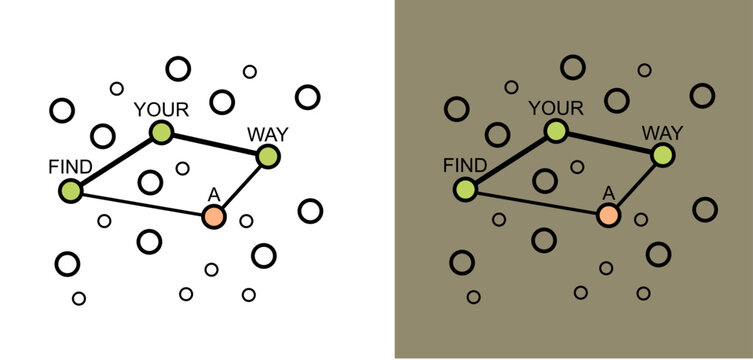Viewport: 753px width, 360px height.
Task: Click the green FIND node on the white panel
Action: pyautogui.click(x=70, y=189)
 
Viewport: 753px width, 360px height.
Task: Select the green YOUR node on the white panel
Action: pyautogui.click(x=160, y=132)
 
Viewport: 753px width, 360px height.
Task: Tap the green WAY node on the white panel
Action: pyautogui.click(x=267, y=156)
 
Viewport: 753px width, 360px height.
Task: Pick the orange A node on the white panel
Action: pyautogui.click(x=213, y=215)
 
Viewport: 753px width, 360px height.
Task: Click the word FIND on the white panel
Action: pyautogui.click(x=70, y=166)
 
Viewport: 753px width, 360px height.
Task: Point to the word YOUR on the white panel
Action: pyautogui.click(x=160, y=108)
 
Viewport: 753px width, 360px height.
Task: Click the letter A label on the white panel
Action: pyautogui.click(x=213, y=193)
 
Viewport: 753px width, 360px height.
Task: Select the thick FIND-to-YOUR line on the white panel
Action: pyautogui.click(x=115, y=160)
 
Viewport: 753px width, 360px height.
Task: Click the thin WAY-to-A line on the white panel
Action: pyautogui.click(x=240, y=186)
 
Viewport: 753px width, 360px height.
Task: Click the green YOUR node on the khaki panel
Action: pyautogui.click(x=555, y=132)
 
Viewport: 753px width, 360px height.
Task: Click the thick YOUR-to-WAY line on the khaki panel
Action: pyautogui.click(x=608, y=144)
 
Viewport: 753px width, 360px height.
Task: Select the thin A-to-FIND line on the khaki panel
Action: pyautogui.click(x=536, y=202)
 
